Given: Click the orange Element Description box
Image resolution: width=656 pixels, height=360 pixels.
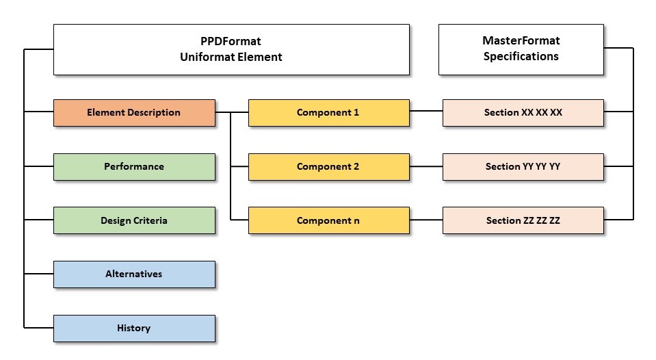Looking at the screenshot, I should point(134,113).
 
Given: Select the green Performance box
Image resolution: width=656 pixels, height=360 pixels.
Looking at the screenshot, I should point(134,166).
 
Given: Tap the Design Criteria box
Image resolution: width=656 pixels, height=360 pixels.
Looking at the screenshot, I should point(134,220).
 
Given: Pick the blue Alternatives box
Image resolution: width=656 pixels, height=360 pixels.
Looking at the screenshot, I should point(134,274).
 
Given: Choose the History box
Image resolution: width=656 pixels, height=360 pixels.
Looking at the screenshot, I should point(134,328).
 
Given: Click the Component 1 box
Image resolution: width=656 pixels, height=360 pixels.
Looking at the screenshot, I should point(328,113).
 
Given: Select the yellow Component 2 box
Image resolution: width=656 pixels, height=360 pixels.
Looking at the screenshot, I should point(328,166).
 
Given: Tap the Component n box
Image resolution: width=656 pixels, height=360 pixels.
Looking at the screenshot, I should point(328,220).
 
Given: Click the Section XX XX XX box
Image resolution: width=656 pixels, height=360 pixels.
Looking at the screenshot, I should point(523,113).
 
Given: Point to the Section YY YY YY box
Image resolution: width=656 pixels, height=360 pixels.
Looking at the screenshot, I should point(523,166).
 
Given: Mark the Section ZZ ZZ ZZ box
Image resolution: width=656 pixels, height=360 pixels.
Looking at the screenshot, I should point(523,220).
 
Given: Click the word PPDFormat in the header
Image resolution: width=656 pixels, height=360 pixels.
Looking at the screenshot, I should point(231,42).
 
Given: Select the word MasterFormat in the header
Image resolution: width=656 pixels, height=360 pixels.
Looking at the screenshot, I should point(521,41).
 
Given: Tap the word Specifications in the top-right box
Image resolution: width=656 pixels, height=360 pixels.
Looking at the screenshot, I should point(521,57).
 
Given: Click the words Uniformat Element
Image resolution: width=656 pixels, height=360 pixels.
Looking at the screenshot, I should point(231,57).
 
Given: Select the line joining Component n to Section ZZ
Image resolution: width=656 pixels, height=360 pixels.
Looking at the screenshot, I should point(426,220).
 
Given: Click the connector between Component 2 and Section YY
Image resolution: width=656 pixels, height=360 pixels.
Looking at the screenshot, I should point(426,166).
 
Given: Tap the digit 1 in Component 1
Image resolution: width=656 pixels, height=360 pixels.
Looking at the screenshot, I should point(356,113).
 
